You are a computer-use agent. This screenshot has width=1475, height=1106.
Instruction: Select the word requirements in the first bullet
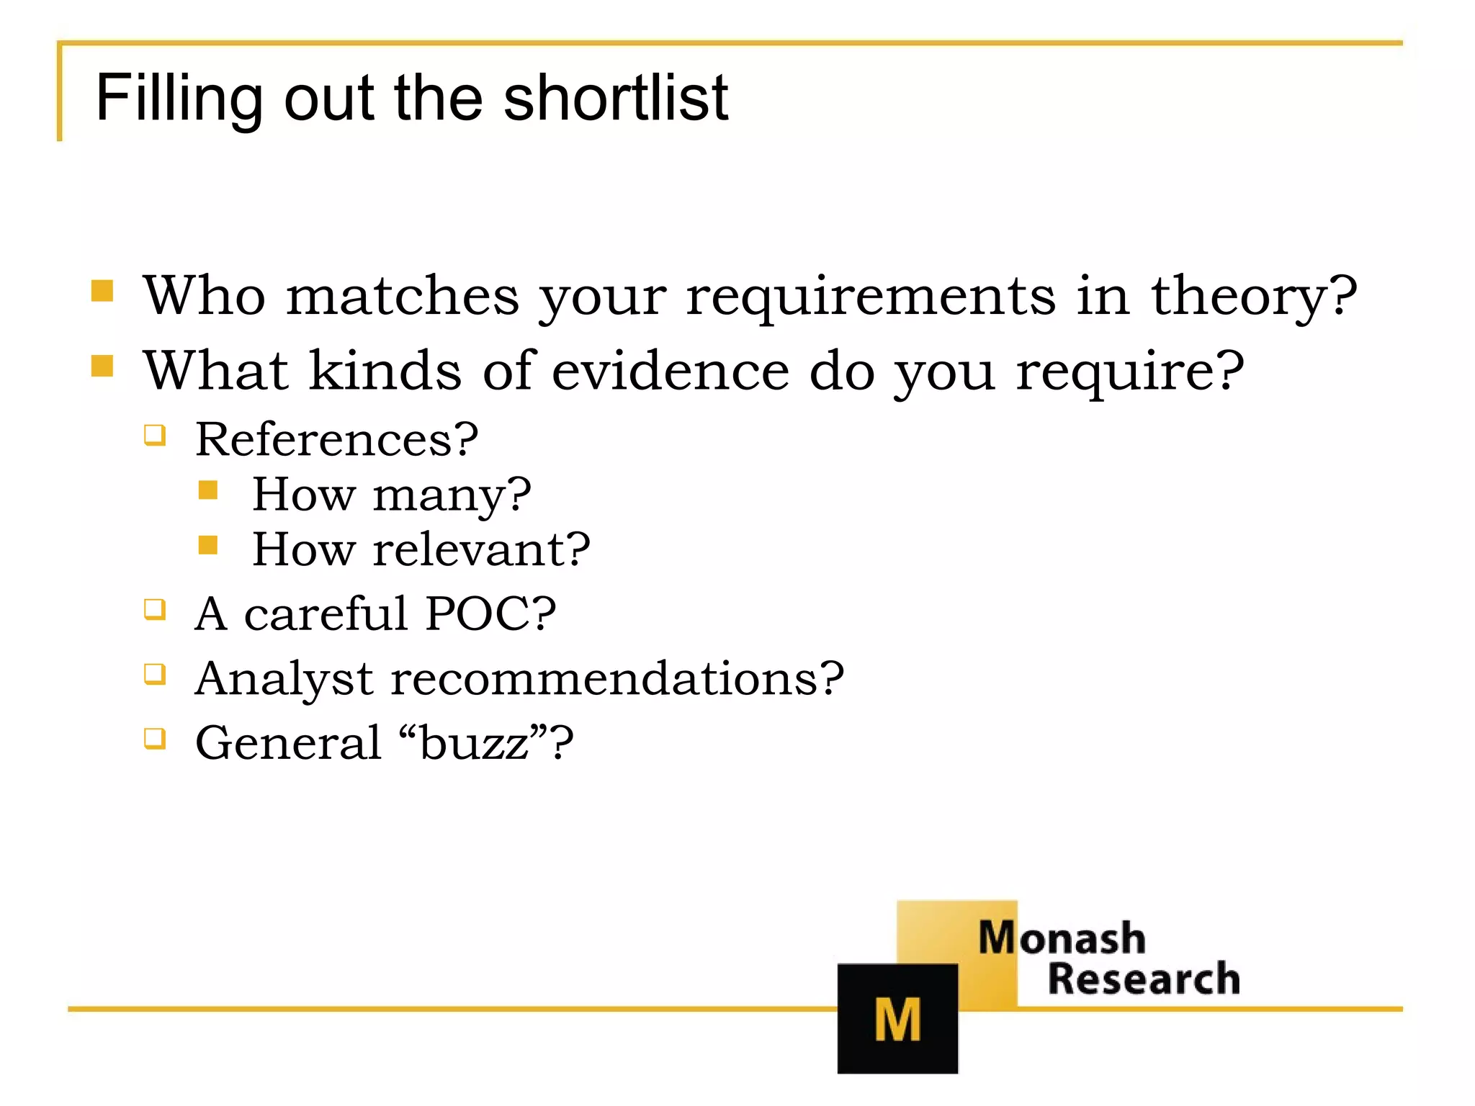tap(870, 297)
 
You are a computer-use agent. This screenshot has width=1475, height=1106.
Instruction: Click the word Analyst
tap(284, 679)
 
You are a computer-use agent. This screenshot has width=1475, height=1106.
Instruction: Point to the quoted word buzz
tap(473, 743)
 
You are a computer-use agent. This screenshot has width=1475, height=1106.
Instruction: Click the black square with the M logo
tap(897, 1018)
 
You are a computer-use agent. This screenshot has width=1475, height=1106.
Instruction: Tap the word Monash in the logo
tap(1062, 938)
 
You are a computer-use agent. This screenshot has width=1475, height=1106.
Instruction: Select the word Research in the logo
tap(1144, 979)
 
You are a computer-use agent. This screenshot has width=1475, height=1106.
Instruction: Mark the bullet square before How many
tap(208, 490)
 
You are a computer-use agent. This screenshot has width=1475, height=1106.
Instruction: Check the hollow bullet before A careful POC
tap(155, 610)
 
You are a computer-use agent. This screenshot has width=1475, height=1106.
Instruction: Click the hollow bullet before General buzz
tap(155, 739)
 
